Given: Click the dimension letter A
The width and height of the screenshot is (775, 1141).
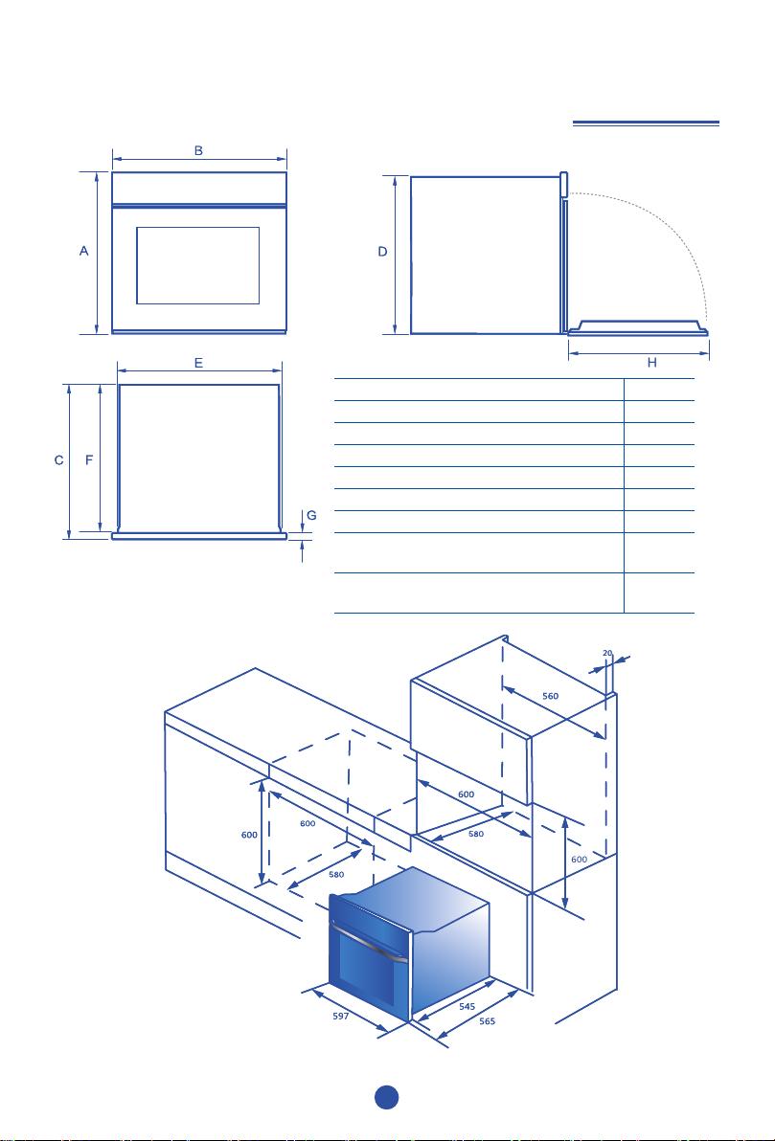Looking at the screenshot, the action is pyautogui.click(x=83, y=251).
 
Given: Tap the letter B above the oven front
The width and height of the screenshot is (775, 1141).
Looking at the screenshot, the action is pyautogui.click(x=198, y=150).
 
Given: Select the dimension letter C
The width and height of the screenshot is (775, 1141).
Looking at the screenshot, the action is pyautogui.click(x=59, y=460).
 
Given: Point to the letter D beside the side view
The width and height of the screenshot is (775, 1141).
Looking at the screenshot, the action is pyautogui.click(x=382, y=252).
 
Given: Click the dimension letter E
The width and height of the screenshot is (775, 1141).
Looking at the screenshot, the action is pyautogui.click(x=199, y=363).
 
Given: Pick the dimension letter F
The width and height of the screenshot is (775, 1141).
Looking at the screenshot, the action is pyautogui.click(x=89, y=460).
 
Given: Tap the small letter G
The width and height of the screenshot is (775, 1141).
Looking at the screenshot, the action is pyautogui.click(x=311, y=515).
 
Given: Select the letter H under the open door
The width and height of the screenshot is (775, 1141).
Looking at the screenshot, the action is pyautogui.click(x=652, y=363).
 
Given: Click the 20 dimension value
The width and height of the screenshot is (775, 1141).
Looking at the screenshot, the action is pyautogui.click(x=607, y=653).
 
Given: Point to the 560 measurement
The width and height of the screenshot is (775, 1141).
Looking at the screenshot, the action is pyautogui.click(x=551, y=697).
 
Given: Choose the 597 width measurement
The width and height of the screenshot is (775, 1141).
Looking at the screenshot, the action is pyautogui.click(x=340, y=1018).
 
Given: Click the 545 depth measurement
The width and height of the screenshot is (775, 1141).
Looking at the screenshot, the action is pyautogui.click(x=467, y=1007).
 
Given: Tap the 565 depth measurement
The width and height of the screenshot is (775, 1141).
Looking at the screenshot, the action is pyautogui.click(x=488, y=1021).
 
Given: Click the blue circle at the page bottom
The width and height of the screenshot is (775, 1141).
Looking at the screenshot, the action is pyautogui.click(x=387, y=1098).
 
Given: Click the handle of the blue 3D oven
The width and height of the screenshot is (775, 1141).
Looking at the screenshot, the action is pyautogui.click(x=369, y=944).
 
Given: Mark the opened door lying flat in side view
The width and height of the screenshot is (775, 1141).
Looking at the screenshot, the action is pyautogui.click(x=638, y=329).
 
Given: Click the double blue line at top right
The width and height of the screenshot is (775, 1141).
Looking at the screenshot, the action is pyautogui.click(x=646, y=123).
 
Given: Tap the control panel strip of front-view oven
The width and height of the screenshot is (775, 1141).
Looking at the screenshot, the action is pyautogui.click(x=199, y=188).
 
